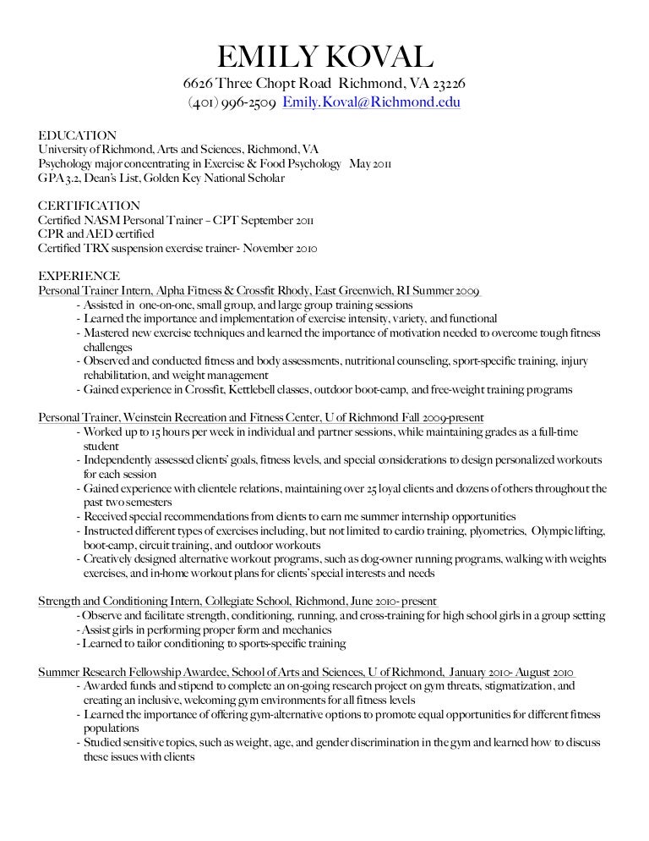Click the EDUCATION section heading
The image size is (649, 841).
(78, 135)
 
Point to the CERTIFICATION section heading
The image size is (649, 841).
(90, 206)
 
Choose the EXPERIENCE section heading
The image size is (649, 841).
(79, 277)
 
